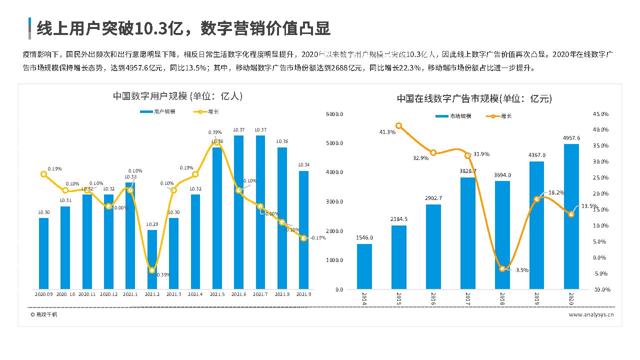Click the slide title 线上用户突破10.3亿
click(184, 28)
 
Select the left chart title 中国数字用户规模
click(178, 96)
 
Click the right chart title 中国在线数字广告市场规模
click(474, 98)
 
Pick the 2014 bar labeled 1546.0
click(364, 266)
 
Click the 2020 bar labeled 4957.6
click(571, 216)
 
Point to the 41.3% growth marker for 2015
click(398, 126)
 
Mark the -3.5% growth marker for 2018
click(502, 268)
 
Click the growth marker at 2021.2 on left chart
click(152, 270)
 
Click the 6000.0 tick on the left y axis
click(334, 114)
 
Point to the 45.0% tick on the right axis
click(600, 114)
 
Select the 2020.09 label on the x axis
click(43, 294)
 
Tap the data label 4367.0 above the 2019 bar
click(536, 155)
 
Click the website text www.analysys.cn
click(591, 314)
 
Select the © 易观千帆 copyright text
click(44, 314)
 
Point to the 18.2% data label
click(556, 192)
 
